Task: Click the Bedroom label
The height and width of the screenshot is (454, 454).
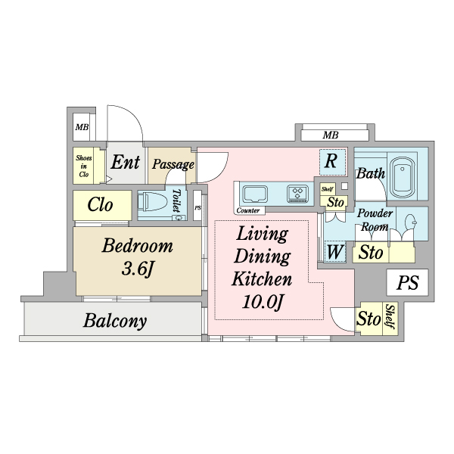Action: coord(138,246)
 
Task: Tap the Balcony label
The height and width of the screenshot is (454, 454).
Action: coord(115,321)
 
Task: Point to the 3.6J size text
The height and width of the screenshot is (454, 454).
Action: coord(138,269)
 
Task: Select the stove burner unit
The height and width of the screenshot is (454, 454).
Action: coord(297,194)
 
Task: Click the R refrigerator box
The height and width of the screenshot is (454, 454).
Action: coord(331,160)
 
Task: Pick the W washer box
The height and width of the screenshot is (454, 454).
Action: coord(334,250)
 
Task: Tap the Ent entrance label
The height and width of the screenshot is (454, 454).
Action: coord(125,162)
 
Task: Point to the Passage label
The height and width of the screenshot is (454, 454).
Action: coord(173,164)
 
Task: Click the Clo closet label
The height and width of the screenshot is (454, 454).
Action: coord(101,205)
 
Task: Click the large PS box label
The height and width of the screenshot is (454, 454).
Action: coord(408,284)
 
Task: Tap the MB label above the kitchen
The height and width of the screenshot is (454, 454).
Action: coord(330,135)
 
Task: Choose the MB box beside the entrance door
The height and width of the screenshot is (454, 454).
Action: coord(82,128)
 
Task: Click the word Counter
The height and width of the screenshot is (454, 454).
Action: coord(248,210)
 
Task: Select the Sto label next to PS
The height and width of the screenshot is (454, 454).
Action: coord(368,319)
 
